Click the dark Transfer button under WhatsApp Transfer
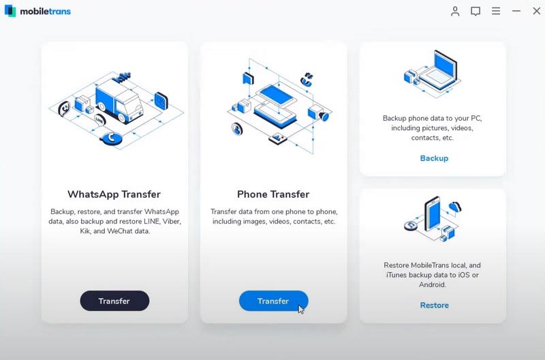coord(114,301)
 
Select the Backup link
coord(434,158)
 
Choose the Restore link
coord(434,305)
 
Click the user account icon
coord(455,11)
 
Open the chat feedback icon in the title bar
coord(476,11)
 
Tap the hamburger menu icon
coord(496,11)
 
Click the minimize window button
coord(516,11)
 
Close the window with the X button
coord(537,11)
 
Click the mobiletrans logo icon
coord(10,11)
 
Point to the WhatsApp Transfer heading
coord(114,194)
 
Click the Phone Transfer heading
coord(273,194)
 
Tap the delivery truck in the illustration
coord(118,101)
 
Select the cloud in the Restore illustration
coord(454,207)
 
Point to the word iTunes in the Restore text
coord(396,275)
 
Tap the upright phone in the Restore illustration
coord(433,213)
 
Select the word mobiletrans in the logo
coord(45,12)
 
